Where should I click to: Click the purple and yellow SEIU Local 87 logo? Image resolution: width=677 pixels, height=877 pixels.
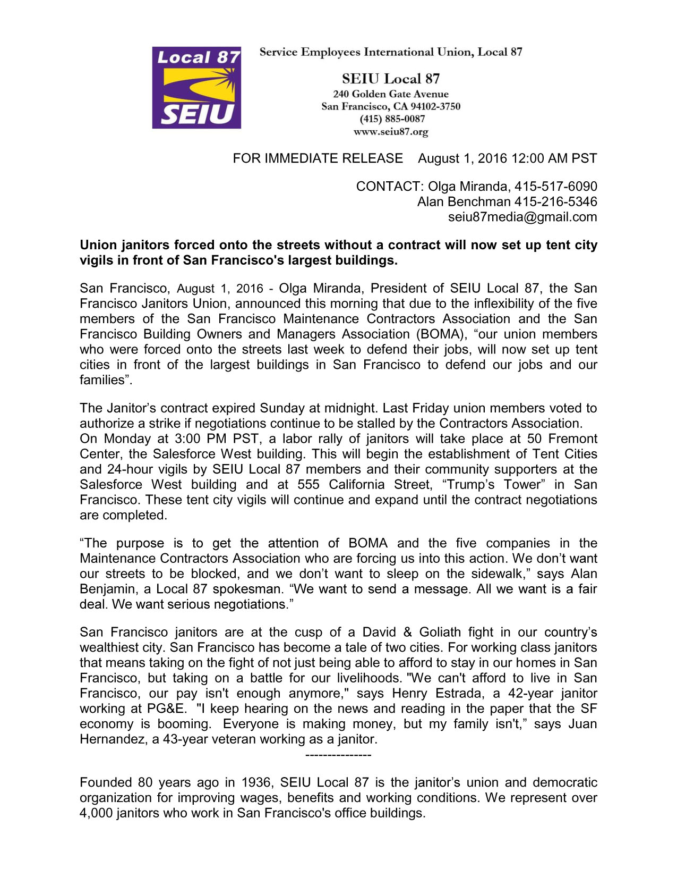click(196, 88)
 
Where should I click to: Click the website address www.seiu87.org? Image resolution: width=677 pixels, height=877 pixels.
click(391, 132)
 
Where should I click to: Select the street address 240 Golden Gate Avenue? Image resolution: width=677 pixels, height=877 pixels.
click(391, 94)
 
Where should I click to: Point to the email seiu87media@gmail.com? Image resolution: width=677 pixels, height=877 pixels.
click(522, 217)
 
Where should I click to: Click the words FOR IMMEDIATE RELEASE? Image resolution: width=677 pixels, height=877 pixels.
click(318, 158)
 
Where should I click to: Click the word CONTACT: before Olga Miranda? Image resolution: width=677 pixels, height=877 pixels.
click(390, 187)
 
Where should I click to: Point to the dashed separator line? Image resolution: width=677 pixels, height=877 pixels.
click(339, 755)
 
